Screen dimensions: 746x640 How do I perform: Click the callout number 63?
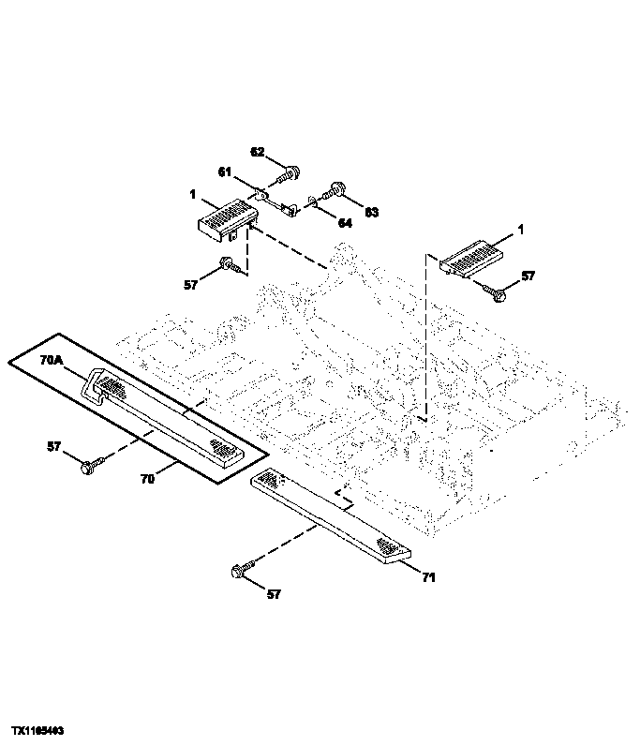click(x=371, y=213)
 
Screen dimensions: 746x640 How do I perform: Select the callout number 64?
click(x=345, y=223)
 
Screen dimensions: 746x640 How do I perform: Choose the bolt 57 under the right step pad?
click(x=496, y=293)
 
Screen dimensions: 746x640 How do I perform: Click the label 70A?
click(x=50, y=358)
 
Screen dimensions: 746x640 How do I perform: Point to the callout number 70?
click(x=147, y=479)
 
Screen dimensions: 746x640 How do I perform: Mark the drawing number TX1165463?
click(x=37, y=728)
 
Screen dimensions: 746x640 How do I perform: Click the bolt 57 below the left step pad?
click(x=228, y=266)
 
